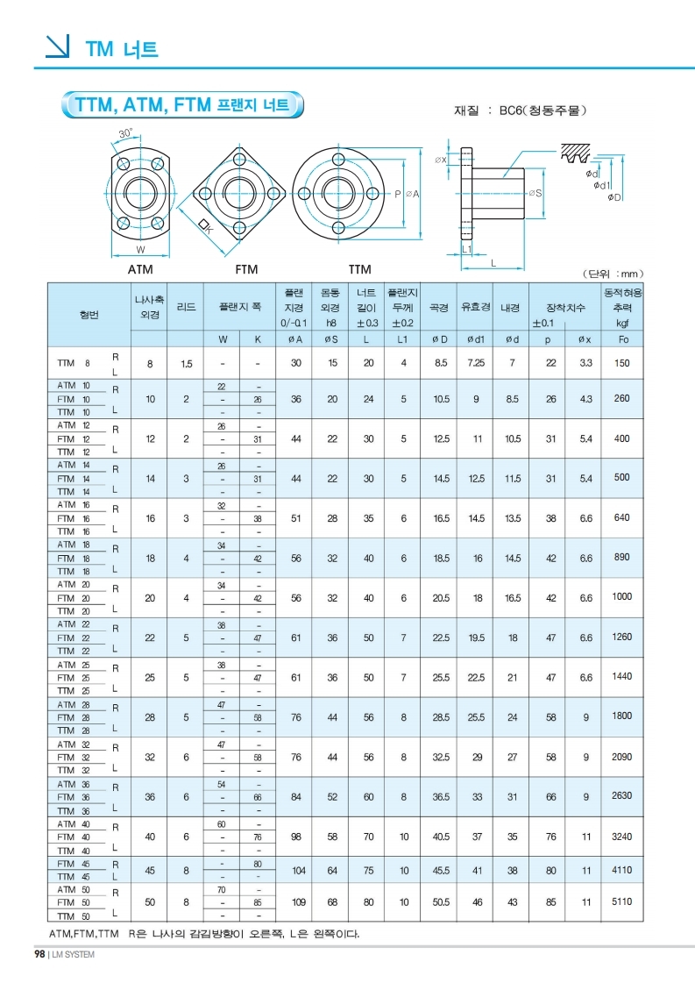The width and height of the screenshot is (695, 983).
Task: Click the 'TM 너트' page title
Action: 122,48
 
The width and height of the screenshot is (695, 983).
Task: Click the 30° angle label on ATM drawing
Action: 125,133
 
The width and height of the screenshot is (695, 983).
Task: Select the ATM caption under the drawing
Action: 140,269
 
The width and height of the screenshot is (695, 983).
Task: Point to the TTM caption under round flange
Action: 359,269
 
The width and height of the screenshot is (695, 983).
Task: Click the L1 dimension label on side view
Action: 467,249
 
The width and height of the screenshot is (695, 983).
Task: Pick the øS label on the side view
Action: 534,193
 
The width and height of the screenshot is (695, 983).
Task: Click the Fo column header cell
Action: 623,338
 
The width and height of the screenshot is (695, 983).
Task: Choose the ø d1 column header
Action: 477,338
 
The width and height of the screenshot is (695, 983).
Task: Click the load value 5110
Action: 622,901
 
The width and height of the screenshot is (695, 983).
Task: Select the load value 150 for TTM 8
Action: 622,362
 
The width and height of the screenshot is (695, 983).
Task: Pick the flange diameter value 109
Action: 296,901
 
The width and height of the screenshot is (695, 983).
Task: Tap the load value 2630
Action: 622,796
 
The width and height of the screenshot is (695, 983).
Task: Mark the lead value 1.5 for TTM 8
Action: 186,363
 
